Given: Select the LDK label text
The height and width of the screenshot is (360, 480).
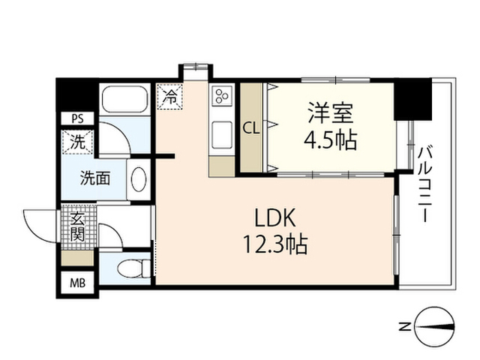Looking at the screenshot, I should (277, 217).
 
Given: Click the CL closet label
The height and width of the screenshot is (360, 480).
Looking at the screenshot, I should (250, 127).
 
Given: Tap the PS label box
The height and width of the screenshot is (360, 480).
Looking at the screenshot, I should (77, 118).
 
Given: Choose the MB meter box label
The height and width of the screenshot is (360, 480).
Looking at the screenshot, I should (77, 283).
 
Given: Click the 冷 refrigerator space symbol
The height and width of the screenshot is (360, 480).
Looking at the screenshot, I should (170, 97).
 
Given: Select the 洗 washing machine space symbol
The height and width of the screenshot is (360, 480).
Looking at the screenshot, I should (78, 140).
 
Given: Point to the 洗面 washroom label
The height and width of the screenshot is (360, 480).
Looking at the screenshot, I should (96, 178).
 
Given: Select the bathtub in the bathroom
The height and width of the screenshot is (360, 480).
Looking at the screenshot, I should (124, 100).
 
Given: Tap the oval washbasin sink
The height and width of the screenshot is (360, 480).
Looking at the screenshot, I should (139, 179).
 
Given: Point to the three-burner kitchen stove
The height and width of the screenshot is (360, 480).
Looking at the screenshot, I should (223, 96).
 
